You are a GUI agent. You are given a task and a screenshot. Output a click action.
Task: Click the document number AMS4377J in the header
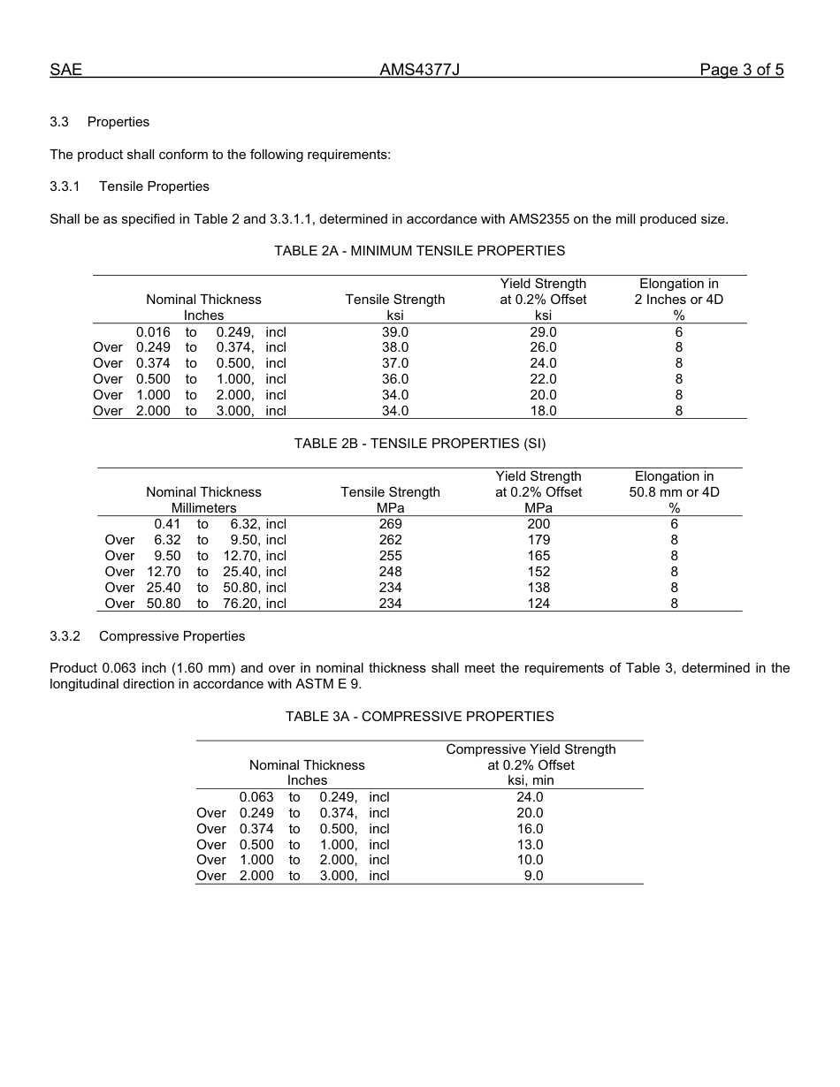tap(419, 71)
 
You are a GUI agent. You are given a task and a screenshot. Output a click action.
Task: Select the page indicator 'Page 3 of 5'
tap(741, 71)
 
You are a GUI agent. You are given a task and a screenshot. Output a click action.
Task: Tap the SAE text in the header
tap(65, 71)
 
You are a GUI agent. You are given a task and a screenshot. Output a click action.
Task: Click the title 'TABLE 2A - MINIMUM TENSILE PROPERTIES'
tap(419, 251)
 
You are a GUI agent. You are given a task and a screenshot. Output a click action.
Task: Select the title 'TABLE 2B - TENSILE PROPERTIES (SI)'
tap(419, 444)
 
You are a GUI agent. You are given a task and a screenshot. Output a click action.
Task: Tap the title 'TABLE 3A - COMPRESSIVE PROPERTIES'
tap(419, 717)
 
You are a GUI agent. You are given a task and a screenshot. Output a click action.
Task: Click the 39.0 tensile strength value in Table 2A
tap(395, 332)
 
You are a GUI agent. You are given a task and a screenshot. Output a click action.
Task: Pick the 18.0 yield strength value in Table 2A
tap(543, 411)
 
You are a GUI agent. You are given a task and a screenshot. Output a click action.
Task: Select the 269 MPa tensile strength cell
tap(390, 524)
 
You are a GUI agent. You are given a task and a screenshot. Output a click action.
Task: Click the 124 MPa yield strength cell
tap(538, 604)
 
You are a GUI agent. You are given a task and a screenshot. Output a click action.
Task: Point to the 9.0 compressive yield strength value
tap(533, 876)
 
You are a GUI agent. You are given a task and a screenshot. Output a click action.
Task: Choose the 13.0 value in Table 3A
tap(530, 845)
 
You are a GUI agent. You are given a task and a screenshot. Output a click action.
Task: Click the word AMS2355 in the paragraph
tap(538, 219)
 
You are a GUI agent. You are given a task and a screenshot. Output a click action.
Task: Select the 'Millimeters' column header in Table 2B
tap(203, 508)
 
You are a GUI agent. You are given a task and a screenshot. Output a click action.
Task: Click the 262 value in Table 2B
tap(390, 540)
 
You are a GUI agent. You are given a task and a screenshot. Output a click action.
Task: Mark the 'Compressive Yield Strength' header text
tap(531, 749)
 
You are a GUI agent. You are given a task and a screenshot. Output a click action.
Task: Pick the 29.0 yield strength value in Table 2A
tap(543, 332)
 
